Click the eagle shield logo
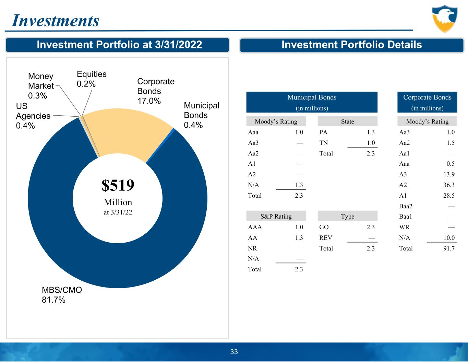444,19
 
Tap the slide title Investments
56,21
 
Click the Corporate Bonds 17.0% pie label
156,91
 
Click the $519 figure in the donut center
118,185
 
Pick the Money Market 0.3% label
41,86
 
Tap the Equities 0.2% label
92,79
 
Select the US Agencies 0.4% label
33,116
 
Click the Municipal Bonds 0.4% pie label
201,115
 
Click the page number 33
234,352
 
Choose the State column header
347,121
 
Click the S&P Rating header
276,217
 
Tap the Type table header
347,217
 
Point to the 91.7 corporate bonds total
448,248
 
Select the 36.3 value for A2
448,185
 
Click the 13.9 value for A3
448,174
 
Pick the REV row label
326,238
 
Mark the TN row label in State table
323,143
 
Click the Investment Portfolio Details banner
351,45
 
